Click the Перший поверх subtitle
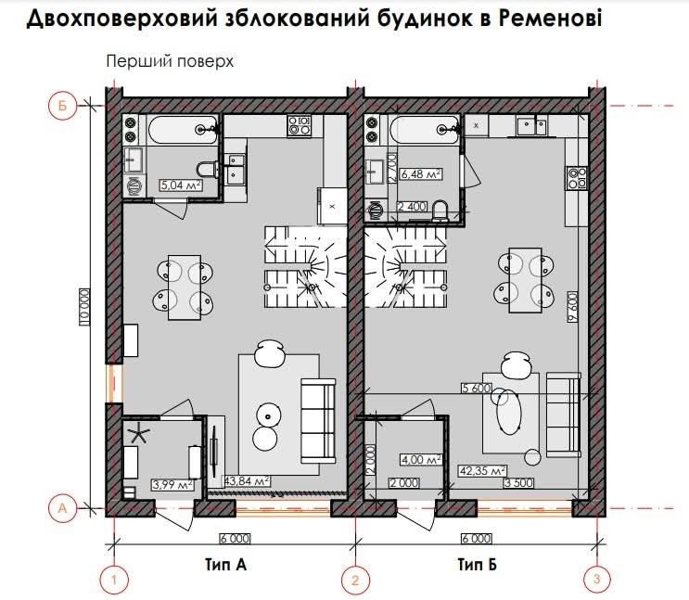(x=168, y=62)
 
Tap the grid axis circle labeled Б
(x=60, y=106)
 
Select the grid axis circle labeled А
(x=60, y=507)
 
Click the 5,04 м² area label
(x=180, y=185)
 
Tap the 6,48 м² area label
(x=420, y=173)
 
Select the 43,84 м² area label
(x=247, y=480)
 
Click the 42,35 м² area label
(x=482, y=470)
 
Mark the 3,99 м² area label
(x=171, y=484)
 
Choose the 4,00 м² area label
(x=417, y=458)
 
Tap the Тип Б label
(x=477, y=563)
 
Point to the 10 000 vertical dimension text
(x=83, y=305)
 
